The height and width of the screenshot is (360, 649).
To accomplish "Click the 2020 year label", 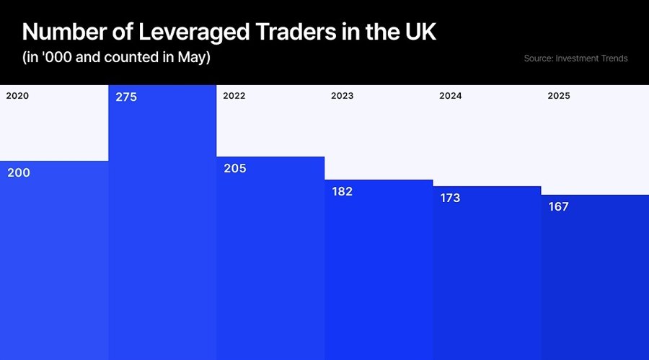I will click(x=17, y=95).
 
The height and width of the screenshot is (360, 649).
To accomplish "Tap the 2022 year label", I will click(x=234, y=95).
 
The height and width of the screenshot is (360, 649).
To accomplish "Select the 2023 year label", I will click(x=343, y=95).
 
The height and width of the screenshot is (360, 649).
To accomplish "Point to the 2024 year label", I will click(x=451, y=95).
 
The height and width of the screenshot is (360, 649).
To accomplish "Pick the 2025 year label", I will click(x=559, y=95).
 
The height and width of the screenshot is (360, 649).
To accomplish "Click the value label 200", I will click(x=19, y=172).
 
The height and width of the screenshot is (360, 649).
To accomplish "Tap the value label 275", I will click(x=126, y=97).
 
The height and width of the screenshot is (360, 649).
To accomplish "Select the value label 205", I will click(x=235, y=168).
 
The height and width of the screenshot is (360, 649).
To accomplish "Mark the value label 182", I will click(x=342, y=191).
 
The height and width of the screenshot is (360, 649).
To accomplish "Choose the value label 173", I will click(x=450, y=198).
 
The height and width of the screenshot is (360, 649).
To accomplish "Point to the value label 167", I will click(x=558, y=206).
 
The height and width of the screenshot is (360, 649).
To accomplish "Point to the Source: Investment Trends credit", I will click(x=575, y=58).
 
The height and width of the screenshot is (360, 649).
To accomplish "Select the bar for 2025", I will click(x=595, y=281).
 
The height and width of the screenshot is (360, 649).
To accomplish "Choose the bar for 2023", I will click(x=379, y=274).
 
